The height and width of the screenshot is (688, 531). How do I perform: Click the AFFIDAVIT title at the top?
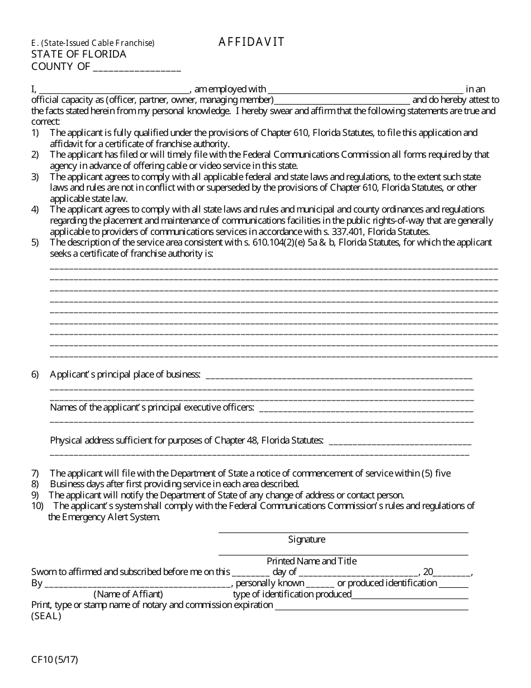point(252,42)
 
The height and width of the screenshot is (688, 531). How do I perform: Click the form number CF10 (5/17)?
point(55,659)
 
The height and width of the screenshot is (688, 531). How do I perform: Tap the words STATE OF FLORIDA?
point(79,54)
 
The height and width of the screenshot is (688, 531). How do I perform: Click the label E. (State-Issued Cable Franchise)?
point(93,43)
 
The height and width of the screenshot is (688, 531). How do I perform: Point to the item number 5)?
point(35,242)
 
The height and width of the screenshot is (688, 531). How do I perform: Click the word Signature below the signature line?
point(306,539)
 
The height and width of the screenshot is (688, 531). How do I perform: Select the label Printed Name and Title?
point(311,561)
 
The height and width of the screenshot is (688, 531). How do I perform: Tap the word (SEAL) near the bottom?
point(46,616)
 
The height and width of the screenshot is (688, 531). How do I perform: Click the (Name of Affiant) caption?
point(129,594)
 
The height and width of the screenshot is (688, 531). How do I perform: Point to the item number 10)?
point(37,506)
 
